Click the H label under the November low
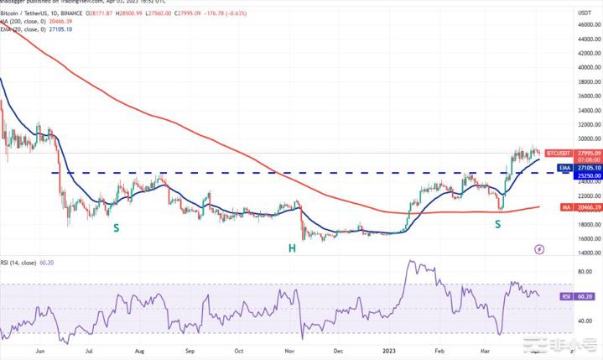pos(293,248)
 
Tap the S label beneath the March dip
pos(498,223)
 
